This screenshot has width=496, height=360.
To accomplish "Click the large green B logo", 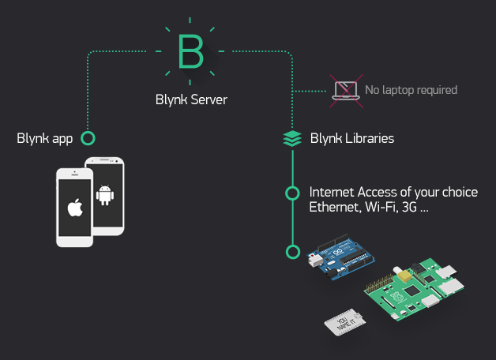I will click(190, 52).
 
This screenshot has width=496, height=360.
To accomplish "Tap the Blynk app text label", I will click(45, 139).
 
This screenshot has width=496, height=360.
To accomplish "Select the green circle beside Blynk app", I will click(88, 138).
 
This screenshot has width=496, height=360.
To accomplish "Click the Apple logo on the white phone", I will click(74, 208).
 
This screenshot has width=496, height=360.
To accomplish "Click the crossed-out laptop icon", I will click(345, 89).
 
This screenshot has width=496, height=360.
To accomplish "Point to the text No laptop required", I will click(411, 90).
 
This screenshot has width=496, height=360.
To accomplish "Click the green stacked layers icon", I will click(292, 139).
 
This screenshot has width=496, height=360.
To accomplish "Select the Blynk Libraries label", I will click(351, 139).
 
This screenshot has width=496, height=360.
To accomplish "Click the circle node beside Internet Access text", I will click(292, 193).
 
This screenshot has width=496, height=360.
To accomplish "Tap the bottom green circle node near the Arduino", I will click(293, 253).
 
